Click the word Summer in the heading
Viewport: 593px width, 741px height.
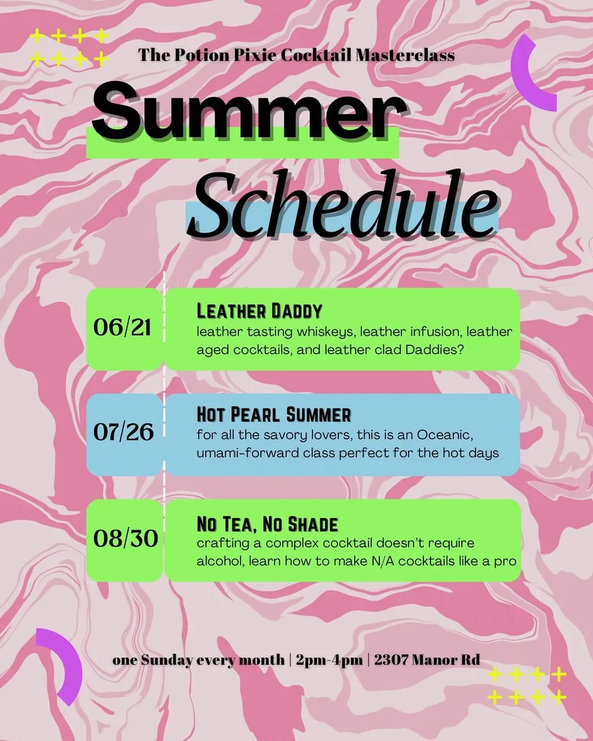point(249,113)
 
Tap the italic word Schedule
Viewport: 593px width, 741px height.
point(345,206)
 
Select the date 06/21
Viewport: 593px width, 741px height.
point(122,327)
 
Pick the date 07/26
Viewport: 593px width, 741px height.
point(124,431)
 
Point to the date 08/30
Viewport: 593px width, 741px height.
point(125,538)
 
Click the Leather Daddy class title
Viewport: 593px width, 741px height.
point(259,311)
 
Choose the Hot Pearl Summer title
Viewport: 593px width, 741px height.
point(273,414)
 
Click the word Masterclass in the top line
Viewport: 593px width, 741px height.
point(405,55)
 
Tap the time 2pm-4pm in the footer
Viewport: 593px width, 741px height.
point(329,660)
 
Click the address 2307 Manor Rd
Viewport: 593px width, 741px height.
point(427,659)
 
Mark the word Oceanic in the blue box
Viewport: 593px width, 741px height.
point(445,435)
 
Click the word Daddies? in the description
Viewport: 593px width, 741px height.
point(435,350)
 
